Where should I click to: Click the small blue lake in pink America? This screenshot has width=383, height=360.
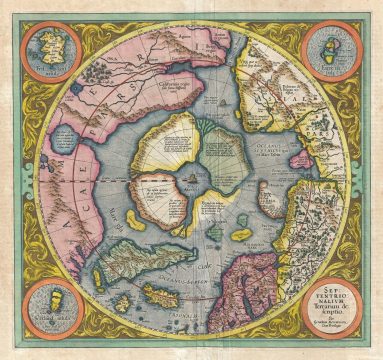[x=62, y=136]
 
